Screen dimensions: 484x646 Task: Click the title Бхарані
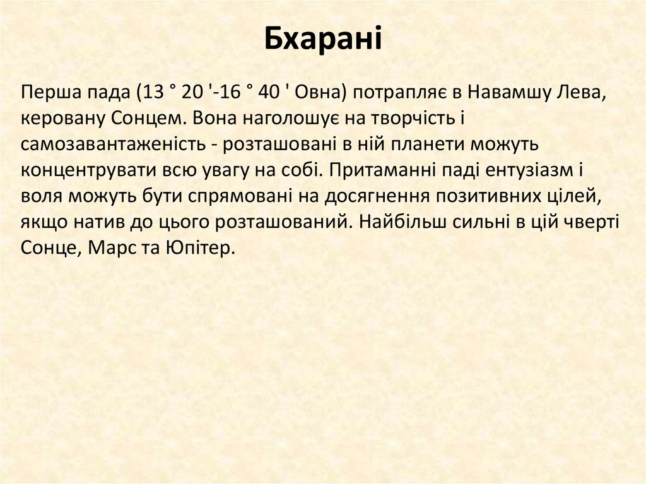coord(322,39)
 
